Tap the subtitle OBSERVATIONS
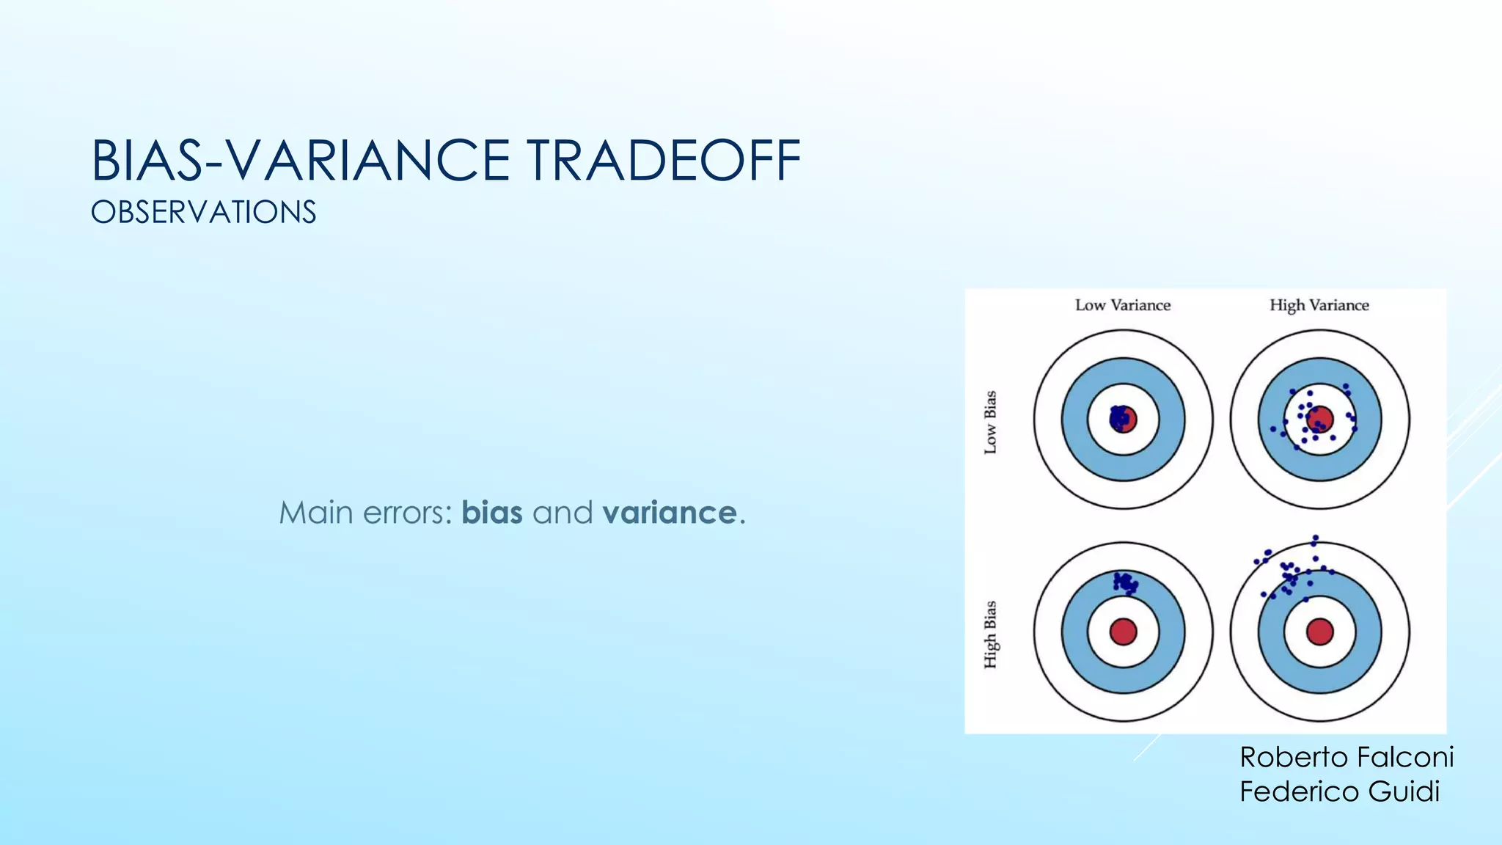(x=204, y=213)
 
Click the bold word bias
(x=492, y=513)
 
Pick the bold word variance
(x=670, y=513)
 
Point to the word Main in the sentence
(x=316, y=513)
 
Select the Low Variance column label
(x=1123, y=305)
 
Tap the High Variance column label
(x=1319, y=305)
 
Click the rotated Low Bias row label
(x=990, y=422)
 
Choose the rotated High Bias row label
(x=990, y=634)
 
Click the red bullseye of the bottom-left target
(x=1123, y=632)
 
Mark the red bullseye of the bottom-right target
(x=1319, y=632)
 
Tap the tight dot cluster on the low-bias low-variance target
(x=1119, y=418)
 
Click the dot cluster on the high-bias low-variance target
(x=1125, y=583)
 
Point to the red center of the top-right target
(x=1320, y=420)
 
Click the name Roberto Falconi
(x=1347, y=757)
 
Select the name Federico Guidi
(x=1339, y=791)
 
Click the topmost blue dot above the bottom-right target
(x=1316, y=538)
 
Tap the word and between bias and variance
(x=562, y=513)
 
